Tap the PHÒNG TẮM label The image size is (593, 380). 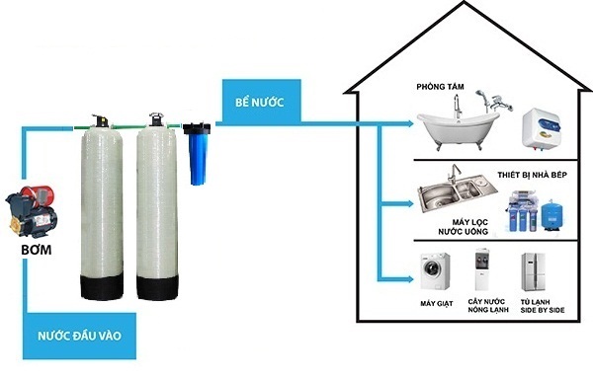click(x=441, y=88)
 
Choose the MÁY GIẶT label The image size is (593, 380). click(x=431, y=303)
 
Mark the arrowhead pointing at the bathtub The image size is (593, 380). click(x=410, y=125)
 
